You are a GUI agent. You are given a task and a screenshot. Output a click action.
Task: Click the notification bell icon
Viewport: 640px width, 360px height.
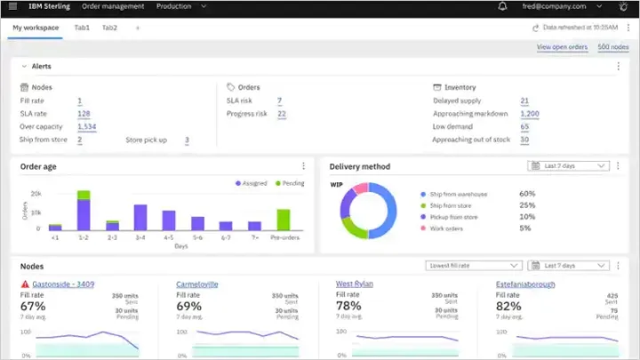point(503,6)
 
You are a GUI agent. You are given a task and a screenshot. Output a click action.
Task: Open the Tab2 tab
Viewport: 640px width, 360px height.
point(109,28)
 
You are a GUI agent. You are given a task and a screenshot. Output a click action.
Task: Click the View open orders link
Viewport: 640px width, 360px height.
point(562,46)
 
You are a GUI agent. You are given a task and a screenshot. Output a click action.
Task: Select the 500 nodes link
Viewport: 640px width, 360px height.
point(613,46)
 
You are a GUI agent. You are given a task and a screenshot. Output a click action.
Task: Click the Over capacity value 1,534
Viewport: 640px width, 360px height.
point(86,127)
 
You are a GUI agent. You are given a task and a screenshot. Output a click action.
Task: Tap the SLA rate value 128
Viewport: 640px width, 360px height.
point(84,114)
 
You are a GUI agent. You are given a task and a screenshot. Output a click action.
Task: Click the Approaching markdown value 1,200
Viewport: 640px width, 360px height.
point(530,114)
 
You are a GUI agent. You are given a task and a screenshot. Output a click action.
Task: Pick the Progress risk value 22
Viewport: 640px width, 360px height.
point(281,114)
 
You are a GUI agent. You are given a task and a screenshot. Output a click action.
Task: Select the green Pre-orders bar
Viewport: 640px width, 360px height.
point(284,219)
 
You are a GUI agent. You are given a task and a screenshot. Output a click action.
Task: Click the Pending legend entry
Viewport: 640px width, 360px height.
point(290,183)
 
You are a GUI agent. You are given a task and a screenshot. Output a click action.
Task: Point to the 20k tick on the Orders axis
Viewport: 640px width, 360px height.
point(36,193)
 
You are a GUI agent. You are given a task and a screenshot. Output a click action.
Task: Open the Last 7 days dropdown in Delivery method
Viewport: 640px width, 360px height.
point(568,166)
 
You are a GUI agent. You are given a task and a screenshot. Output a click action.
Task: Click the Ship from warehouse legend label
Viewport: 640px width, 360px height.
point(464,193)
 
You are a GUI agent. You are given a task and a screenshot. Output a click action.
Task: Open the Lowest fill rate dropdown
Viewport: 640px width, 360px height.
point(474,265)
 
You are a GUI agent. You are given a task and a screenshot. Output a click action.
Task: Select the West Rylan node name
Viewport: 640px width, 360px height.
point(356,284)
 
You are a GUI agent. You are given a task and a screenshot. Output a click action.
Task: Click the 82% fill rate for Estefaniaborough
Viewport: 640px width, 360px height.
point(509,306)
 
